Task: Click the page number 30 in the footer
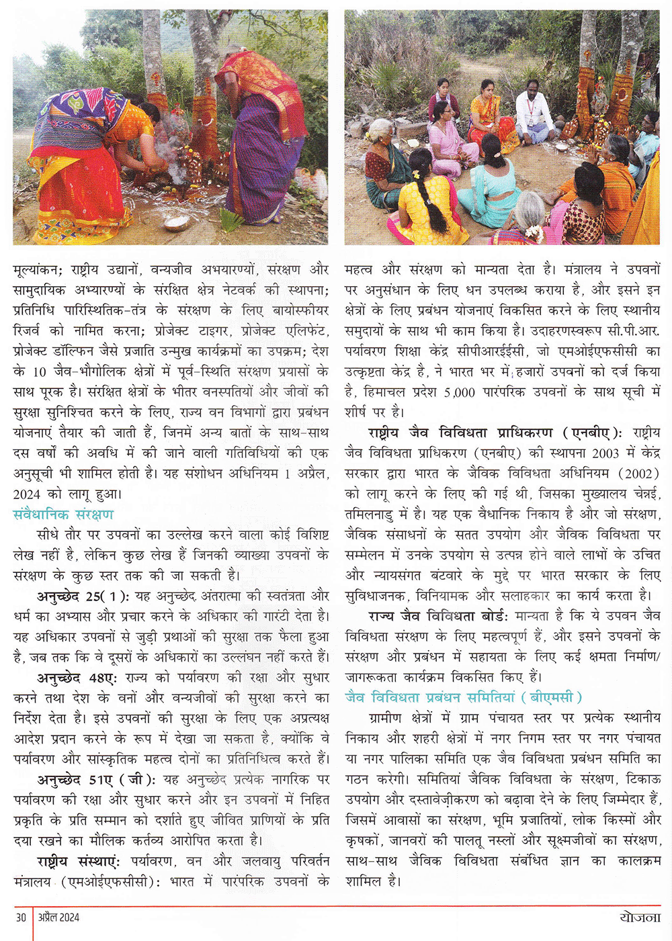click(x=21, y=917)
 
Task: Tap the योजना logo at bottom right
click(x=640, y=917)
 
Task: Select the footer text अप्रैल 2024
click(x=58, y=917)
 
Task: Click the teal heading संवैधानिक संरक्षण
click(x=63, y=514)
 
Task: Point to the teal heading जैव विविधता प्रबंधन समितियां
click(x=464, y=697)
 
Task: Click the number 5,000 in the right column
click(x=460, y=392)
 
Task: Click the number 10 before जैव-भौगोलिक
click(x=39, y=371)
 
